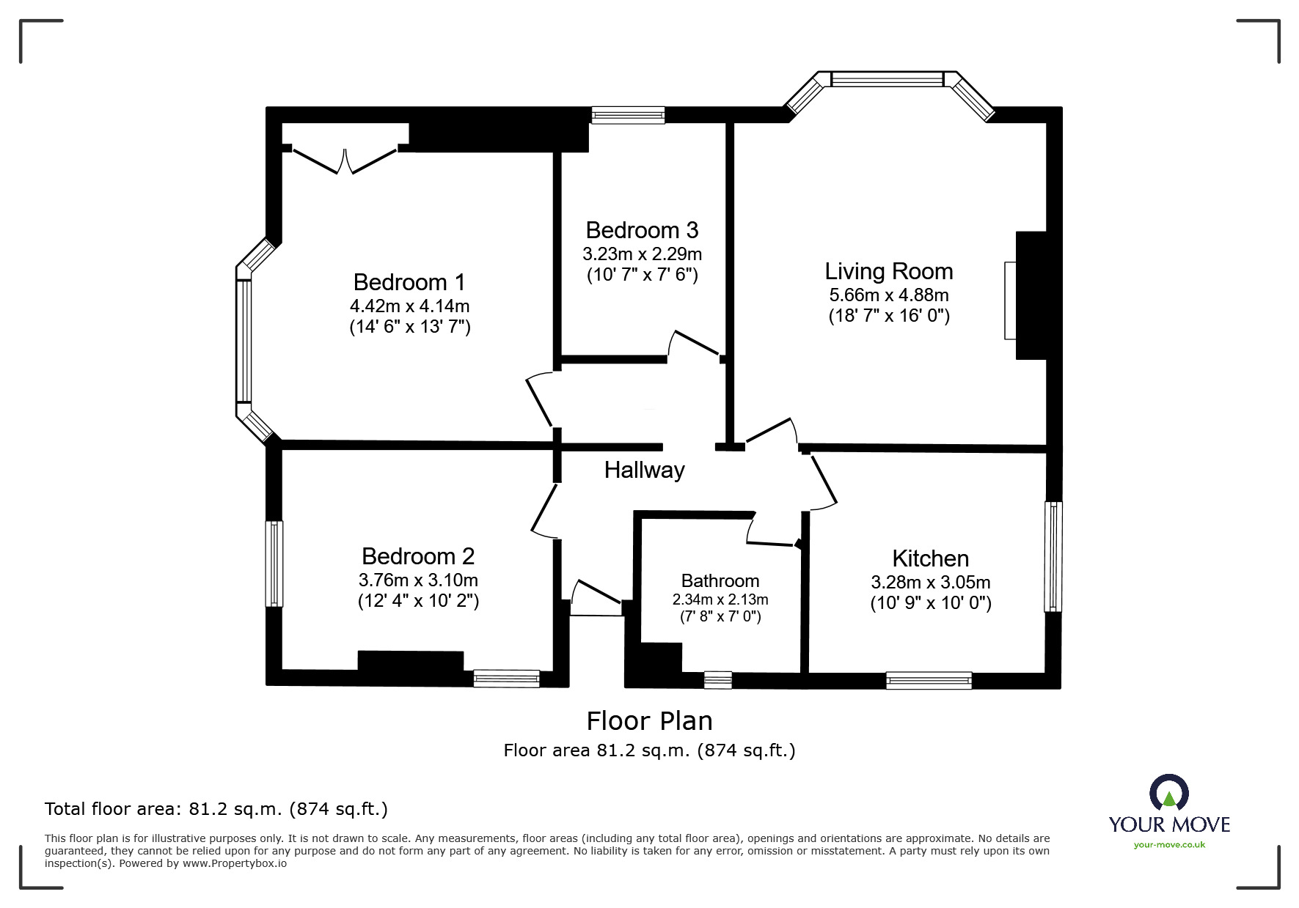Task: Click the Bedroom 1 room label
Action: [x=409, y=282]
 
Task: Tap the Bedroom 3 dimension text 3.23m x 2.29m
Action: [x=642, y=254]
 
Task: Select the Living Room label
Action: [x=889, y=271]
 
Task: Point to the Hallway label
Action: [x=644, y=470]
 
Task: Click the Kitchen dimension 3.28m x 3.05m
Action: [x=930, y=583]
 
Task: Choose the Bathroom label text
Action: [x=720, y=581]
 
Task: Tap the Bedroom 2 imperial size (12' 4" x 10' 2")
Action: [x=418, y=601]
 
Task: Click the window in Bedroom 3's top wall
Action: [x=628, y=115]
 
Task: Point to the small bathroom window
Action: [x=717, y=680]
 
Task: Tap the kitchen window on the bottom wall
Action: [x=929, y=681]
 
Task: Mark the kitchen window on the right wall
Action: [x=1053, y=556]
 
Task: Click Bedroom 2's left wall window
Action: [x=274, y=564]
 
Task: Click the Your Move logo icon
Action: [x=1168, y=794]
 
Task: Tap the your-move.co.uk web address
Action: [x=1169, y=845]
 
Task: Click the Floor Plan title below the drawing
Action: [x=649, y=721]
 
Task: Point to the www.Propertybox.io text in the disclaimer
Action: [x=234, y=863]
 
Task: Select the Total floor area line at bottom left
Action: [x=216, y=809]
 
